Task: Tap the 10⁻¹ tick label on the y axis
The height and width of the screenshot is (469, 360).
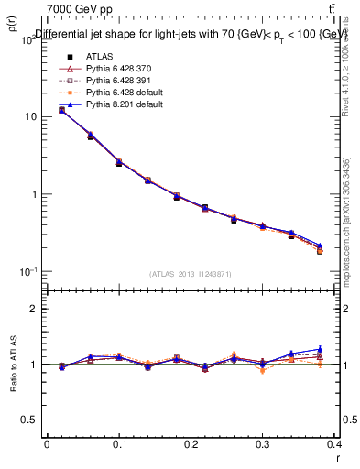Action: (x=29, y=271)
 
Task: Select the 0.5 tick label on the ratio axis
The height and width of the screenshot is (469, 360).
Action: (x=33, y=420)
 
